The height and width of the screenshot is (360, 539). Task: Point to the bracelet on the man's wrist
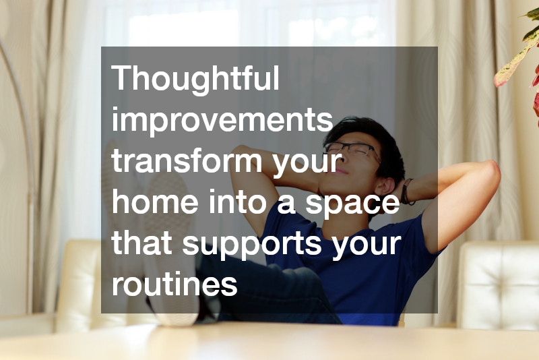tap(407, 191)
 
